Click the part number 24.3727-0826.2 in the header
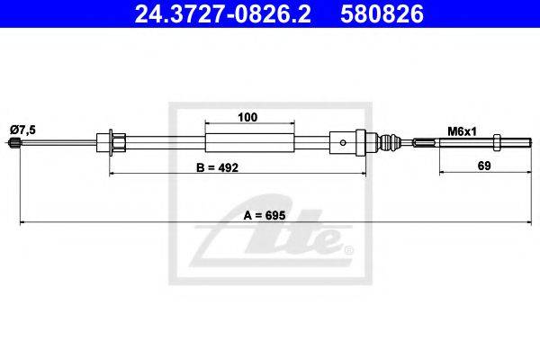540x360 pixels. click(223, 13)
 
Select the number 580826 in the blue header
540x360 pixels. click(382, 13)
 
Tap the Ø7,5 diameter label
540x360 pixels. click(23, 130)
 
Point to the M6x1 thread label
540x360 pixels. click(462, 131)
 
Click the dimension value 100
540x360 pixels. click(247, 118)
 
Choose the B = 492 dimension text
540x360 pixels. click(217, 167)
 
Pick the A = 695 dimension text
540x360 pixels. click(265, 216)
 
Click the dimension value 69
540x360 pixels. click(484, 166)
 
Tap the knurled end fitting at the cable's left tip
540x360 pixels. click(13, 142)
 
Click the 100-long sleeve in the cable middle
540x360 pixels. click(249, 142)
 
